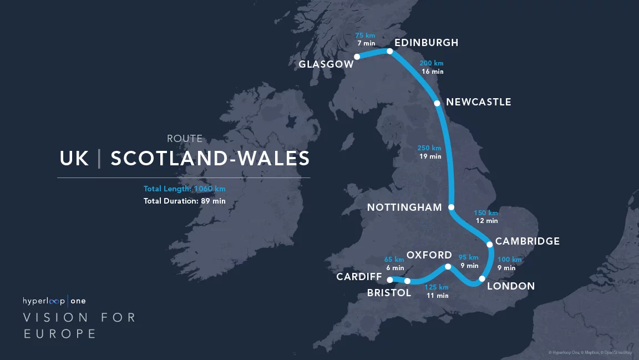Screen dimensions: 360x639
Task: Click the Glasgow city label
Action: pyautogui.click(x=326, y=64)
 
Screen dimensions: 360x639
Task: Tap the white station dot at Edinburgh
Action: pyautogui.click(x=389, y=52)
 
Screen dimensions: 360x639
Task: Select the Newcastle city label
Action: pyautogui.click(x=478, y=102)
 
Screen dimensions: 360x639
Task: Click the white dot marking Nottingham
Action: pyautogui.click(x=451, y=207)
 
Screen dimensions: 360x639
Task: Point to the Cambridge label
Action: pyautogui.click(x=527, y=241)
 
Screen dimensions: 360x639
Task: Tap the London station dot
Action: pyautogui.click(x=482, y=278)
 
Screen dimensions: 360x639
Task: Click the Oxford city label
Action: pyautogui.click(x=429, y=255)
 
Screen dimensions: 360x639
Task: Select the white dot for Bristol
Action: pyautogui.click(x=407, y=281)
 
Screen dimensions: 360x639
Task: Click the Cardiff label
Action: pyautogui.click(x=359, y=277)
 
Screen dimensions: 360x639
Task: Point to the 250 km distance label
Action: pyautogui.click(x=429, y=148)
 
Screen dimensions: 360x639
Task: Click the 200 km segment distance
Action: pyautogui.click(x=432, y=63)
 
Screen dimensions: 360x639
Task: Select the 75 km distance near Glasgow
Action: pyautogui.click(x=365, y=36)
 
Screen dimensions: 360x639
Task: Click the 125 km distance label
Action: pyautogui.click(x=436, y=287)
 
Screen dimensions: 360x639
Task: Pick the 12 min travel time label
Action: pyautogui.click(x=486, y=221)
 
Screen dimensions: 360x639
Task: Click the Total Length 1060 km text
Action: pyautogui.click(x=184, y=189)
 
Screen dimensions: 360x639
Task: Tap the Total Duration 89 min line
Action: pyautogui.click(x=184, y=201)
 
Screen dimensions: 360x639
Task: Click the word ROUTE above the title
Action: pyautogui.click(x=185, y=139)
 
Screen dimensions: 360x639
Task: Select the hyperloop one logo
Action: pyautogui.click(x=54, y=301)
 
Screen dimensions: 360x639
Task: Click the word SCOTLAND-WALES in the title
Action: pyautogui.click(x=210, y=159)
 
